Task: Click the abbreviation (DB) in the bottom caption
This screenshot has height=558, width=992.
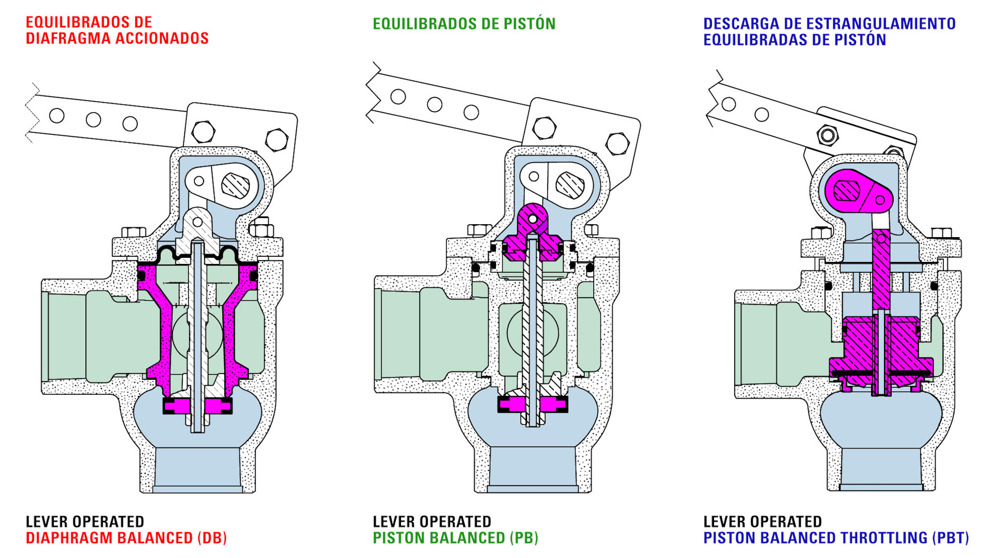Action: [x=212, y=538]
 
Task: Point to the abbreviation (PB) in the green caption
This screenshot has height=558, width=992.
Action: [x=524, y=538]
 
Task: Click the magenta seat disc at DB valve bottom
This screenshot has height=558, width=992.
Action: [x=197, y=406]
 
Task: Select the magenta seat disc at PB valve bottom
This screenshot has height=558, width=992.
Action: [x=532, y=404]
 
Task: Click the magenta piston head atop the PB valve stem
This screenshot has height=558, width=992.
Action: [x=532, y=233]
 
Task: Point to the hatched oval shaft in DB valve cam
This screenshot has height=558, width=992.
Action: [x=235, y=185]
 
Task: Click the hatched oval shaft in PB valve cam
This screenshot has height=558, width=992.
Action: [x=570, y=184]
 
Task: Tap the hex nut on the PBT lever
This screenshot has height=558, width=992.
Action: [x=827, y=136]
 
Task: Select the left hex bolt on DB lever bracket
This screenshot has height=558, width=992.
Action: [x=203, y=132]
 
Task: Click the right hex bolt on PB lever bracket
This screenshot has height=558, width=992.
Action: [x=617, y=144]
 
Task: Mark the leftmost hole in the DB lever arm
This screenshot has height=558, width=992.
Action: [x=57, y=116]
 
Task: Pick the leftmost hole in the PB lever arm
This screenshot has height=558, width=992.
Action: [x=398, y=97]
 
